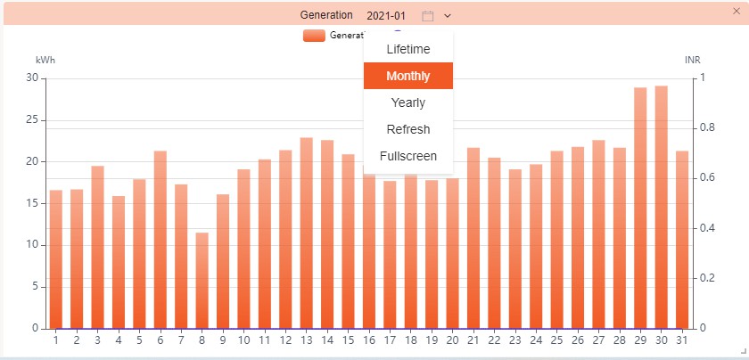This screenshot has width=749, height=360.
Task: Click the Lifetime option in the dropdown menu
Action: click(408, 49)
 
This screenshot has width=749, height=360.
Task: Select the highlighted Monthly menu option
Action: click(408, 76)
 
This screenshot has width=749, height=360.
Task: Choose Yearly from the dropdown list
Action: click(408, 102)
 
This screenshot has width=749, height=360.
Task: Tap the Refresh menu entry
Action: click(408, 129)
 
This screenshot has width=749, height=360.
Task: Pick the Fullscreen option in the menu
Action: click(408, 156)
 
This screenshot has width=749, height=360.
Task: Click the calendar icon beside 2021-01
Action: click(428, 16)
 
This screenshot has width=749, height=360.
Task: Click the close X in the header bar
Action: click(736, 11)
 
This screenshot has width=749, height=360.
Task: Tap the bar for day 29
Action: click(640, 208)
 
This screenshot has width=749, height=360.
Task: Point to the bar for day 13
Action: click(306, 233)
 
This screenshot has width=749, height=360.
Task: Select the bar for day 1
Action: click(55, 258)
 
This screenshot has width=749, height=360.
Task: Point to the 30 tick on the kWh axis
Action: click(32, 78)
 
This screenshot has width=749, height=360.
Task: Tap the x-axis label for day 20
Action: click(452, 340)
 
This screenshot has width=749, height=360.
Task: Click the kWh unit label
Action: click(45, 60)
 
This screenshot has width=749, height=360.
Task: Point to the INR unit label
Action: click(693, 60)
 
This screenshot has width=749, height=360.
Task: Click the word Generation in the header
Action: click(327, 16)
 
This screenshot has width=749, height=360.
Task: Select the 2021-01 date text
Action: click(386, 16)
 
